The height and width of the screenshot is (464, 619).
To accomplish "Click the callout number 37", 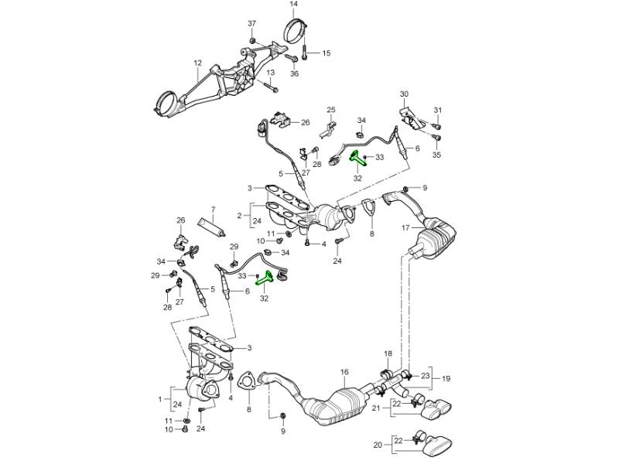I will (251, 24).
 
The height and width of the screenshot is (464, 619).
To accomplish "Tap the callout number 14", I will (294, 5).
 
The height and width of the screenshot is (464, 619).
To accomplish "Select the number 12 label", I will (197, 63).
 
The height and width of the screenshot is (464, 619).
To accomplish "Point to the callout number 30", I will (403, 94).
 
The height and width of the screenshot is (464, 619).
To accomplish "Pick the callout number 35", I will (436, 155).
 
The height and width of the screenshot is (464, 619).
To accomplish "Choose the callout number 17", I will (404, 228).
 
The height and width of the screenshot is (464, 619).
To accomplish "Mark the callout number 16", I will (345, 372).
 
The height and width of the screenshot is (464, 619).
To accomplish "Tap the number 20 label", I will (378, 445).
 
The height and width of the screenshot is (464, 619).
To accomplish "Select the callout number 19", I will (446, 380).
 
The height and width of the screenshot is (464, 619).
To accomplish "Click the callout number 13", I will (271, 73).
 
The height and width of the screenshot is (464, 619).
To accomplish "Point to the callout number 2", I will (240, 216).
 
